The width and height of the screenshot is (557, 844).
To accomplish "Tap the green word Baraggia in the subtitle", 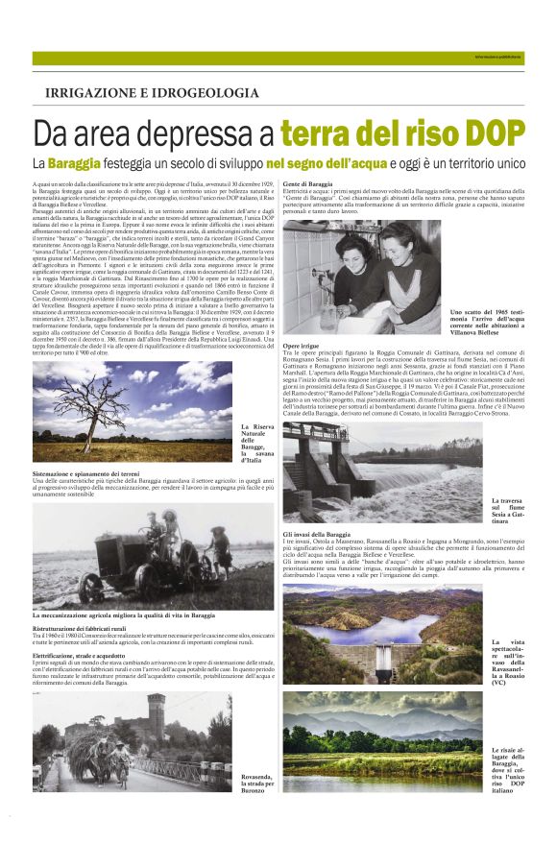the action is click(74, 163).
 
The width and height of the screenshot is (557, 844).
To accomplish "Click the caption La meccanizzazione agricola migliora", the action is click(124, 615).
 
